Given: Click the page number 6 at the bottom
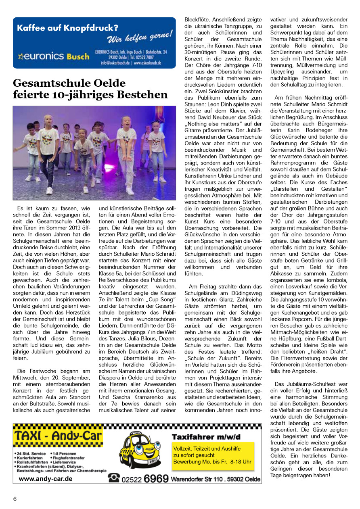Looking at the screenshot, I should click(15, 499).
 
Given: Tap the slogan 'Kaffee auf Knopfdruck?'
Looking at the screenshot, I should click(67, 28).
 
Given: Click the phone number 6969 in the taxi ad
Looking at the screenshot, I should click(156, 478).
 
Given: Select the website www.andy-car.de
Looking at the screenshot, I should click(46, 479).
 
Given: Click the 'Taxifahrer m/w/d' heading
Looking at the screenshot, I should click(206, 436).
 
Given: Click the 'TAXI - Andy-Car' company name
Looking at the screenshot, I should click(58, 436).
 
